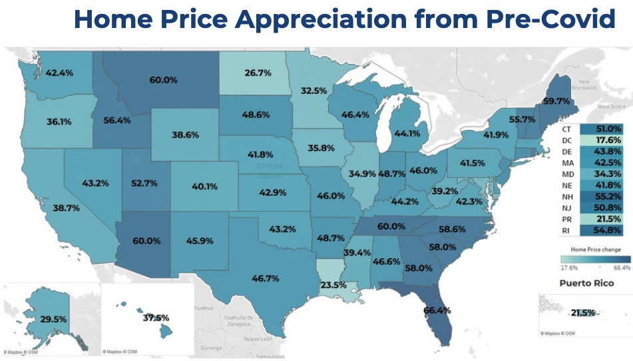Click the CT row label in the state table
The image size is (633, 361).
[567, 129]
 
